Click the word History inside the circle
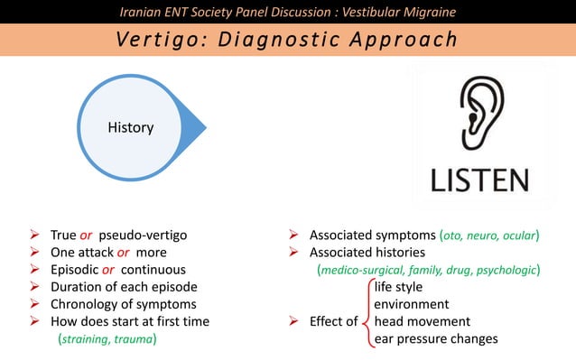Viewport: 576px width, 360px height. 131,128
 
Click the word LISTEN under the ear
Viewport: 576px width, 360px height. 479,179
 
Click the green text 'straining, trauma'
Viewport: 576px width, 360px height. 108,339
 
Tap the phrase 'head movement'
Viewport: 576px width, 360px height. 422,321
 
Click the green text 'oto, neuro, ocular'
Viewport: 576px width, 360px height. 488,235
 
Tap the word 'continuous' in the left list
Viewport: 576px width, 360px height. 153,270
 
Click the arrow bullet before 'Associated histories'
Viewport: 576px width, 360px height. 293,253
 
